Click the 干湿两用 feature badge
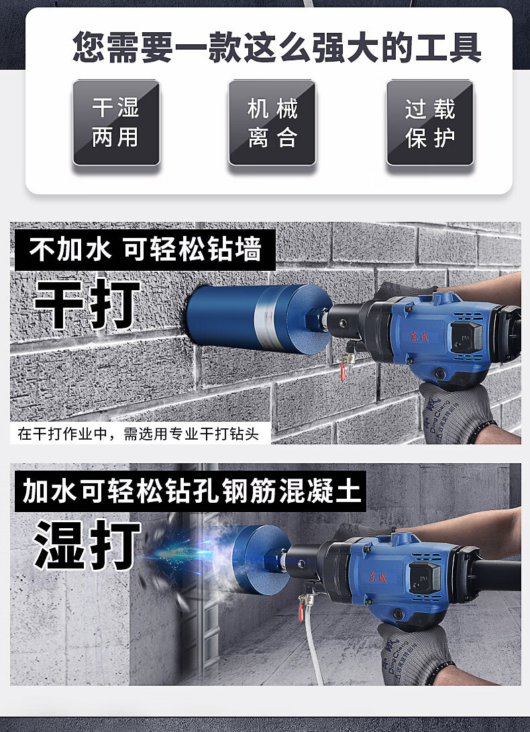pos(116,123)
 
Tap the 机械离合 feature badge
pos(272,123)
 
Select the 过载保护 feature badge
pos(430,123)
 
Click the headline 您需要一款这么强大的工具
pos(276,47)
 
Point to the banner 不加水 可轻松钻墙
pos(145,250)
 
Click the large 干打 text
pos(87,304)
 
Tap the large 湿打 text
pos(87,544)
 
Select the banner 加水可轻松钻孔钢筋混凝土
pos(191,491)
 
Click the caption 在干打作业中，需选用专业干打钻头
pos(138,434)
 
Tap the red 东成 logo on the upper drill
pos(419,336)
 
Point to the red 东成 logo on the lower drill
pos(378,577)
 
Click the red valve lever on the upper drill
pos(343,373)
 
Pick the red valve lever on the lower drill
pos(301,612)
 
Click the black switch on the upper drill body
pos(466,337)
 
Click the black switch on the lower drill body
pos(425,578)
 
